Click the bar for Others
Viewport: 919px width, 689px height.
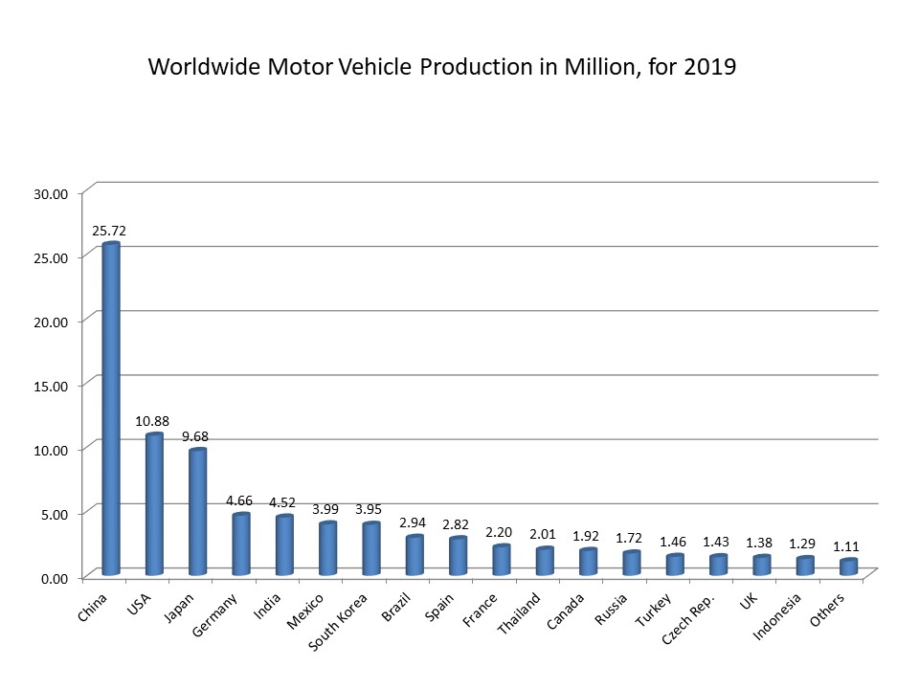pos(848,567)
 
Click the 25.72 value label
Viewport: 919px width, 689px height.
pos(109,231)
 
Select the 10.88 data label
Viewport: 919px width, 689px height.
pos(153,421)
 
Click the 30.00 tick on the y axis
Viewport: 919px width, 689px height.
pos(51,193)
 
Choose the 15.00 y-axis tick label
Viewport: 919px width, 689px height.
pos(51,386)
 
